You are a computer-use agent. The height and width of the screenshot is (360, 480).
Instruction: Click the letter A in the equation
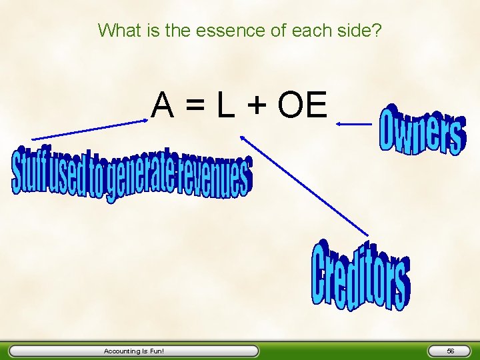[x=163, y=105]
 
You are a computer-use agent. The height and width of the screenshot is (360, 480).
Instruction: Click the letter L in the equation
[x=225, y=105]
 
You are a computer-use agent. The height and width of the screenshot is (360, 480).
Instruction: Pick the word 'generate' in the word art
[x=141, y=175]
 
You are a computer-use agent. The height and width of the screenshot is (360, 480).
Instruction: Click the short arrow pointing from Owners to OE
[x=353, y=123]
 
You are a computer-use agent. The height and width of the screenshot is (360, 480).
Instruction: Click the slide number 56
[x=451, y=351]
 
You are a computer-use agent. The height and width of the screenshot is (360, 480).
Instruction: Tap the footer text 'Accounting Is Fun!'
[x=133, y=351]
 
